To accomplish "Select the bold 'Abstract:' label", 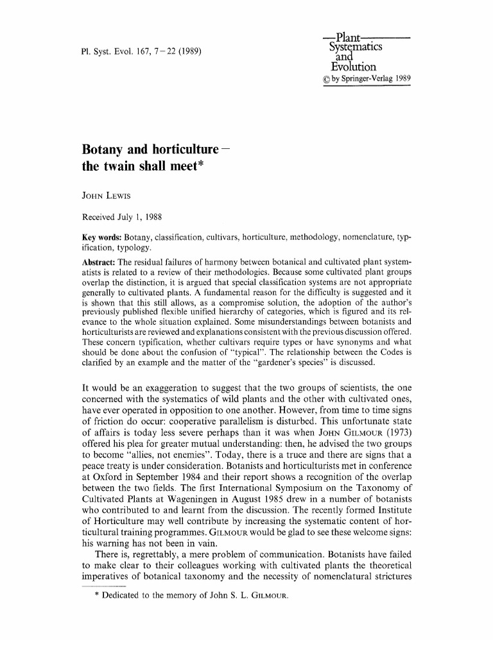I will [x=99, y=263].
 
